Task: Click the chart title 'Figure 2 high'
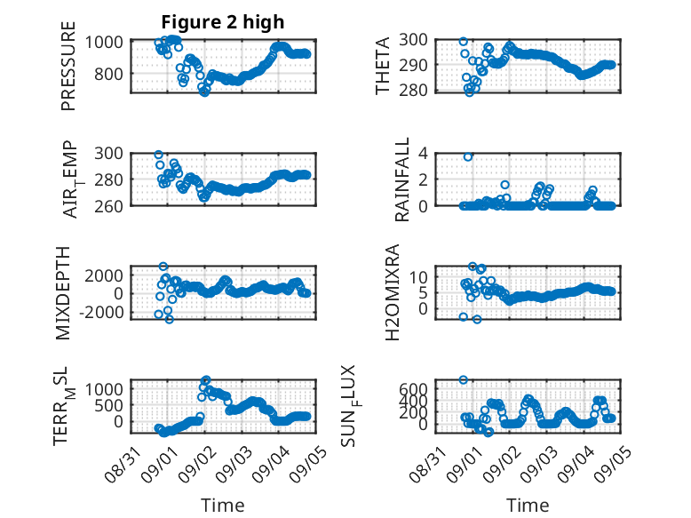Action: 223,22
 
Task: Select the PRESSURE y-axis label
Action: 68,66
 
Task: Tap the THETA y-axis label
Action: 383,66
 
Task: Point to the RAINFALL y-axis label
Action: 402,179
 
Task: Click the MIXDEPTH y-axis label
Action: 63,293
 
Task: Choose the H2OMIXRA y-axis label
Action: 393,292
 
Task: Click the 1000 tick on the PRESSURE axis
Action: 104,43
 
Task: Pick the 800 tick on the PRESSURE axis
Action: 109,74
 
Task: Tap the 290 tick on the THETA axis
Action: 413,65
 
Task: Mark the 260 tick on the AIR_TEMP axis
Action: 109,206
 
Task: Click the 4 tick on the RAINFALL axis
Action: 423,154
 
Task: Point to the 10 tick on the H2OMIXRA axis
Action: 418,277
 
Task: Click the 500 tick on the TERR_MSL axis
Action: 109,405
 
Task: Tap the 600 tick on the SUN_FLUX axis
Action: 413,389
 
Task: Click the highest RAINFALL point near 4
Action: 468,157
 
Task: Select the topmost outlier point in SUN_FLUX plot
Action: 463,379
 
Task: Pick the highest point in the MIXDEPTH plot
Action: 163,267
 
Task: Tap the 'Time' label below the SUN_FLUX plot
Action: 528,505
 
